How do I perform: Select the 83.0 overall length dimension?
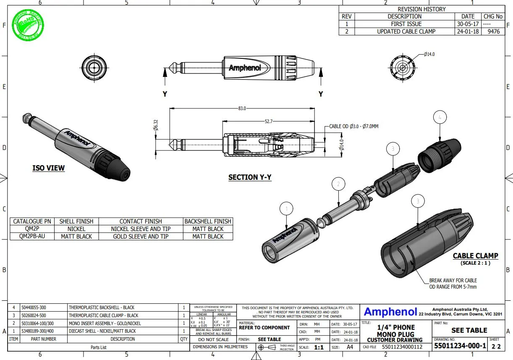(242, 108)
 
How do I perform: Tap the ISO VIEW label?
(49, 168)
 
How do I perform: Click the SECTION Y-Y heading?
(250, 177)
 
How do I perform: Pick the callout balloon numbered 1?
(287, 209)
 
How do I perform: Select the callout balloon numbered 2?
(338, 184)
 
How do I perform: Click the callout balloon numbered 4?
(440, 118)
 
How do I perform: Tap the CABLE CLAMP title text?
(475, 256)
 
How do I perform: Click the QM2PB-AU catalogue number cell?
(32, 236)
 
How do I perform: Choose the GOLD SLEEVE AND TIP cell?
(141, 236)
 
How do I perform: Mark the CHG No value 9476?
(493, 32)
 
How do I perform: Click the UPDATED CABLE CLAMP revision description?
(406, 32)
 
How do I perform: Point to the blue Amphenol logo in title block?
(390, 311)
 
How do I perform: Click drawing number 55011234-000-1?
(460, 346)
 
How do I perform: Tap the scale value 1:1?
(319, 347)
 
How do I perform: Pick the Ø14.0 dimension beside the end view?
(429, 54)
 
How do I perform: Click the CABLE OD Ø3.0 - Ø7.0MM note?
(353, 126)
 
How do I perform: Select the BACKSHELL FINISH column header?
(208, 221)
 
